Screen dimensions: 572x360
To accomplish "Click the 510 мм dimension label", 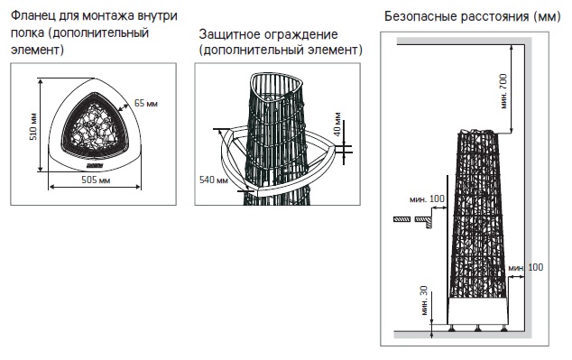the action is (33, 127).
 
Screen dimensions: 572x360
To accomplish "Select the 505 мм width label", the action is (96, 180).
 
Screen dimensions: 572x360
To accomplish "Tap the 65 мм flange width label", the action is (145, 103).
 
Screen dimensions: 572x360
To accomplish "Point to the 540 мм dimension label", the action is (214, 180).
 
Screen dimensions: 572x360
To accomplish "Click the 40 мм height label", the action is (337, 124).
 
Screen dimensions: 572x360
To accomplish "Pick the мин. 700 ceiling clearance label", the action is (503, 91).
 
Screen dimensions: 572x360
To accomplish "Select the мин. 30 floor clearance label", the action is (424, 300).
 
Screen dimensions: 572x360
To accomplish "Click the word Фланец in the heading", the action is (32, 16).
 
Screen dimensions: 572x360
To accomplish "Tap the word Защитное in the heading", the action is (230, 34).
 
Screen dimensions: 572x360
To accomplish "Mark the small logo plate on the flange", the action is (95, 166).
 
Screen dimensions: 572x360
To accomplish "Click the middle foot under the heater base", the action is (477, 328).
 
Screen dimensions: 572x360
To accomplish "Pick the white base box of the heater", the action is (477, 310).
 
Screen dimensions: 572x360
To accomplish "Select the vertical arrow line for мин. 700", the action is (512, 89).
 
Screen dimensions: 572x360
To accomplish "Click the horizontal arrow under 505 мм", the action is (95, 187).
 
